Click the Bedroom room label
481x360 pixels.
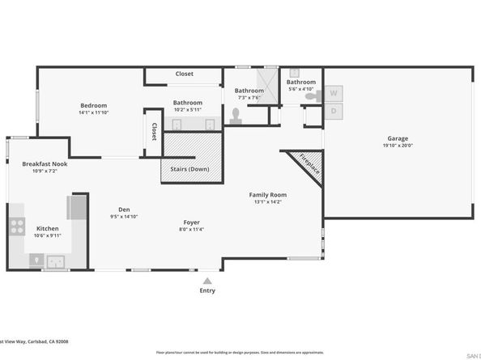click(93, 106)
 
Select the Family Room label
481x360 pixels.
click(267, 195)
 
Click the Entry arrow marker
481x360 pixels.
click(207, 281)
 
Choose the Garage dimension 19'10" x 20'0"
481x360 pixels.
click(398, 146)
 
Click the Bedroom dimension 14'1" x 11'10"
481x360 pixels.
click(93, 113)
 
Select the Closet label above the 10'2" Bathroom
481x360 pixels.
click(185, 74)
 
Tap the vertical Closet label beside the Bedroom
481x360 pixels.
click(154, 131)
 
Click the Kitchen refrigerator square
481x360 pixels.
click(76, 208)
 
